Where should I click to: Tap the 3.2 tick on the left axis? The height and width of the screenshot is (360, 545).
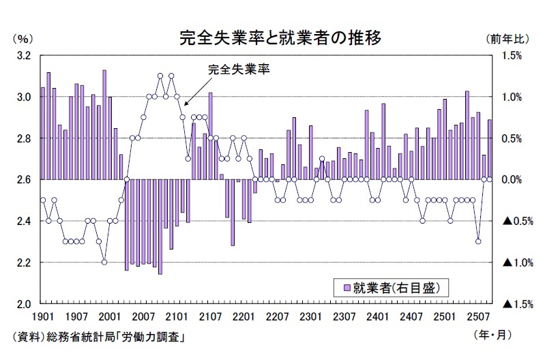(x=23, y=55)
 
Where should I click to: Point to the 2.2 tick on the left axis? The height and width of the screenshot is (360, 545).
(x=23, y=262)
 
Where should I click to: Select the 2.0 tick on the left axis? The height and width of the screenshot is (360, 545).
(x=23, y=304)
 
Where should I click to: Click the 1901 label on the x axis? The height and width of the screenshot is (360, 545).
(x=43, y=316)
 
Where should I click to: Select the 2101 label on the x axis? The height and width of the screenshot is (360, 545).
(x=177, y=316)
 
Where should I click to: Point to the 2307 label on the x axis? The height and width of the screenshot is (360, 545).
(x=344, y=316)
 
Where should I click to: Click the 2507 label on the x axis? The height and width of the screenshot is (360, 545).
(x=478, y=316)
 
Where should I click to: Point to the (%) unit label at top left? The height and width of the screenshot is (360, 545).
(x=23, y=39)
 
